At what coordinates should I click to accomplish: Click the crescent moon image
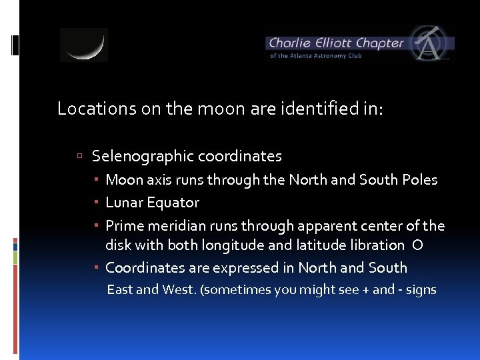click(83, 45)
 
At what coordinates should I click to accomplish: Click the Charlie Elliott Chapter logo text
click(336, 43)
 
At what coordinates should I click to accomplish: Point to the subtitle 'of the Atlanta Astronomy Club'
click(316, 56)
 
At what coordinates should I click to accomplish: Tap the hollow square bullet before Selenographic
click(79, 157)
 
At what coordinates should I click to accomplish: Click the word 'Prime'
click(124, 226)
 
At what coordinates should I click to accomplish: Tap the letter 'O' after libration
click(417, 245)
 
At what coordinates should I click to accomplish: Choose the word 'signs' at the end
click(420, 290)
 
